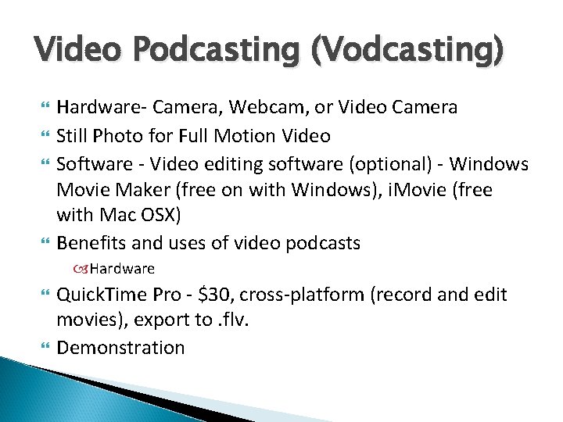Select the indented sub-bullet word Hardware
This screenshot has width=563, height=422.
(x=122, y=269)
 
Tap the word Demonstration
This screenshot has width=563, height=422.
(x=120, y=348)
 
